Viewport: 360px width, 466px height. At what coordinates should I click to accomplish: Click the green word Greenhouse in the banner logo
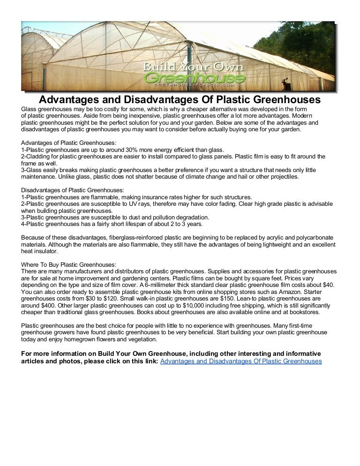point(195,77)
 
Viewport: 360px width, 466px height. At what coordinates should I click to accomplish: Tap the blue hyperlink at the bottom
point(241,361)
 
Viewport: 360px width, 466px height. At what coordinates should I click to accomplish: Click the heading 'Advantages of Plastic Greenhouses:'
point(69,143)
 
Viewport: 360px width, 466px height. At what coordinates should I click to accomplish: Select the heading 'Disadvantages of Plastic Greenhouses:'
point(73,190)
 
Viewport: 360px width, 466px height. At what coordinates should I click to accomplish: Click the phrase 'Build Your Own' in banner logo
point(194,66)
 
